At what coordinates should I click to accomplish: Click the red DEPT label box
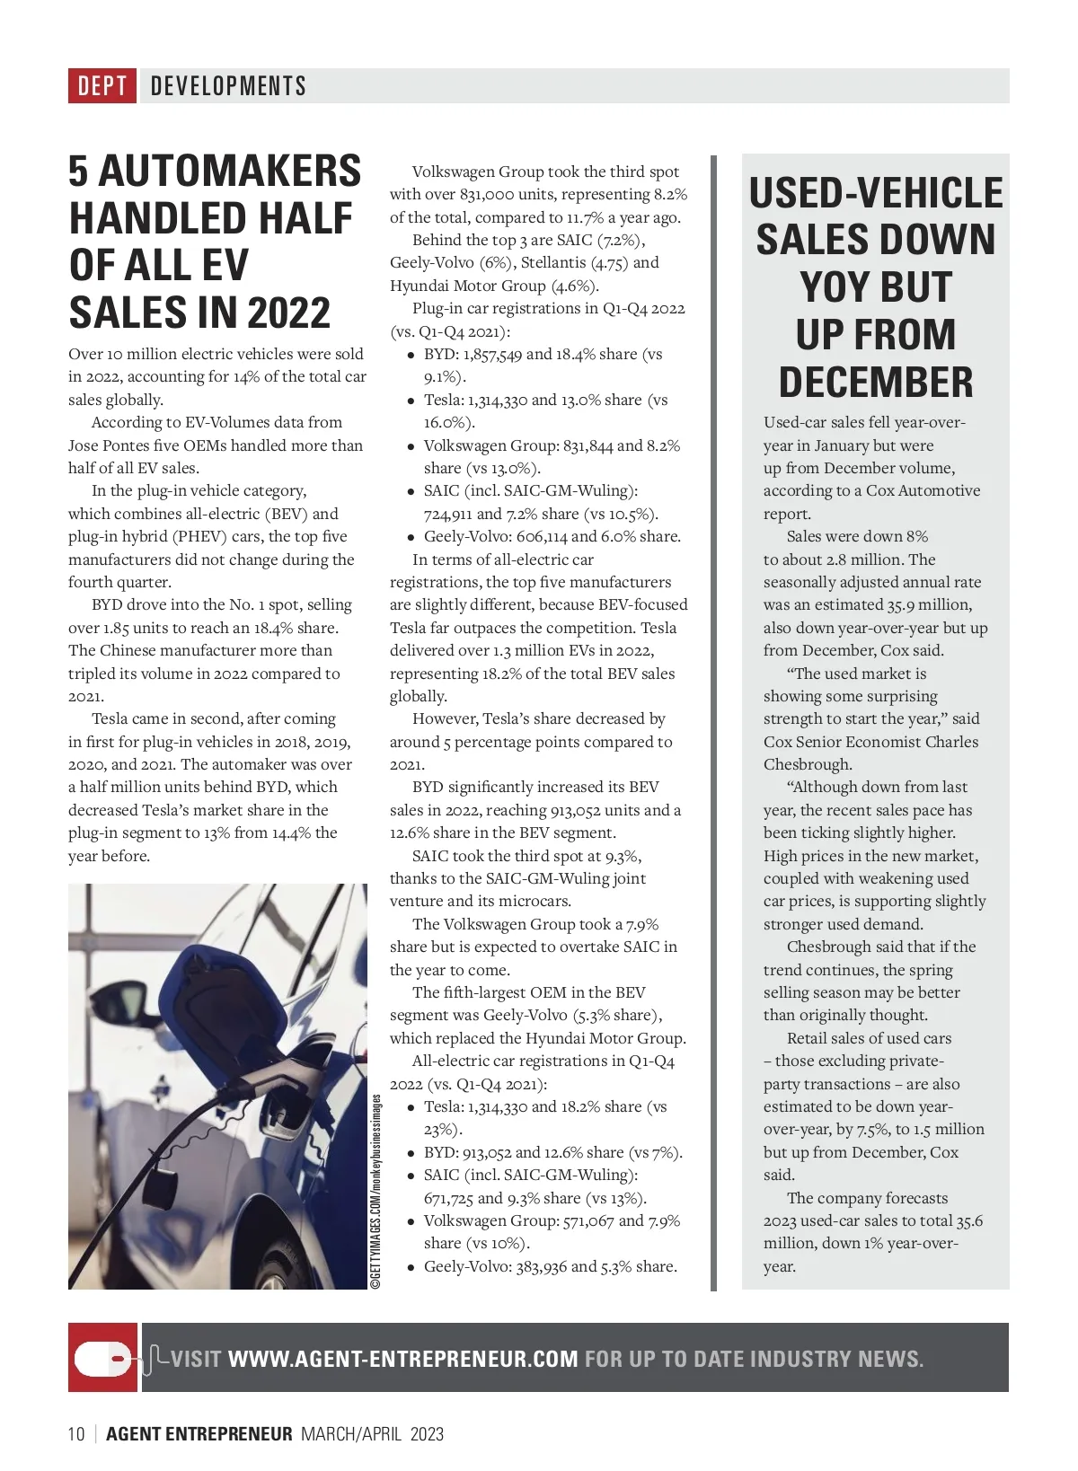pos(102,86)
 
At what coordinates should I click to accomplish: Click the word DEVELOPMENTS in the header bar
pos(228,86)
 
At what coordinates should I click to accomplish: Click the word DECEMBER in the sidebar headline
pos(876,382)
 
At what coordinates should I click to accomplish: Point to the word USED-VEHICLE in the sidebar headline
pos(876,193)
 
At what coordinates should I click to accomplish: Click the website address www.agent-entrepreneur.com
pos(403,1359)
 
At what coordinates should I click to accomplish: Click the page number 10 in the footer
pos(76,1434)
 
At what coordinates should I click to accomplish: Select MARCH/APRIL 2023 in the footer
pos(372,1434)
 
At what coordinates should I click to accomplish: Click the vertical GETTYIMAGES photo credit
pos(376,1191)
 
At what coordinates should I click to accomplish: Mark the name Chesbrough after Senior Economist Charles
pos(807,764)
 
